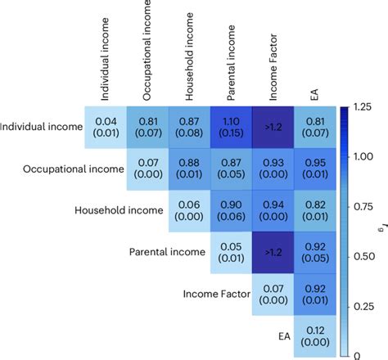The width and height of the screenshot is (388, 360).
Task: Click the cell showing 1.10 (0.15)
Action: (x=232, y=125)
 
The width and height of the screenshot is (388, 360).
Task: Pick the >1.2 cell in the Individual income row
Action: (x=273, y=125)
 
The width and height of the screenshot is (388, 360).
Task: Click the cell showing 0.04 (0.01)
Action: (x=105, y=125)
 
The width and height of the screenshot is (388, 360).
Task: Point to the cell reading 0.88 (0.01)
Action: (x=189, y=168)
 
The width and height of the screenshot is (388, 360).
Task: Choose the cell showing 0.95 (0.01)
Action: (x=315, y=168)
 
